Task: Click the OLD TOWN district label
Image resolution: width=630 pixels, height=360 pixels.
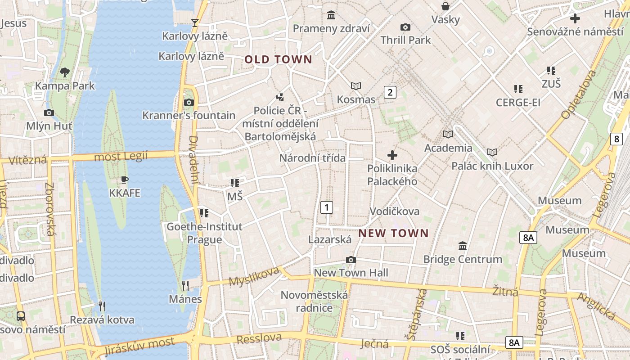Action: [x=278, y=59]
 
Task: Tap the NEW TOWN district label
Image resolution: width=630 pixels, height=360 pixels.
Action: [x=394, y=233]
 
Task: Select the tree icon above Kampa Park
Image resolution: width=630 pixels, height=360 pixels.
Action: [x=65, y=72]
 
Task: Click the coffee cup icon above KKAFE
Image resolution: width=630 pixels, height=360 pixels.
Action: [x=125, y=180]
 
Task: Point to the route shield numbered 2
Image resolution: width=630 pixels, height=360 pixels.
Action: [x=390, y=92]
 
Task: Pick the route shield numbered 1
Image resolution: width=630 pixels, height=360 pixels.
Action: [x=326, y=207]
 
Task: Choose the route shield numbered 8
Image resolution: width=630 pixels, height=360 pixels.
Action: [x=616, y=139]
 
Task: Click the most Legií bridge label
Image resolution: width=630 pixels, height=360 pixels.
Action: [x=121, y=157]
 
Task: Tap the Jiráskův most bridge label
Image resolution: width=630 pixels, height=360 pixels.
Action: [x=139, y=345]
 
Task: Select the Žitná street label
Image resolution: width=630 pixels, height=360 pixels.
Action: [x=505, y=291]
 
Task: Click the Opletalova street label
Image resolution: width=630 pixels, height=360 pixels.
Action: [x=578, y=95]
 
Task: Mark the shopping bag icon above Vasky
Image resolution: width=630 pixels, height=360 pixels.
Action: [x=445, y=6]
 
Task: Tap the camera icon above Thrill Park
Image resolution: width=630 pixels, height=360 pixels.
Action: [x=405, y=27]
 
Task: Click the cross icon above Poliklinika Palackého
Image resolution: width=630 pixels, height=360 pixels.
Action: [x=392, y=155]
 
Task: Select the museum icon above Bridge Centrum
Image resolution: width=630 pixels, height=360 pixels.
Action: [x=463, y=246]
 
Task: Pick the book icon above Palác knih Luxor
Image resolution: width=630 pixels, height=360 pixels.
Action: [x=492, y=153]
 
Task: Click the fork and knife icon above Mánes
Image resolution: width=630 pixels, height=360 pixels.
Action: [x=185, y=285]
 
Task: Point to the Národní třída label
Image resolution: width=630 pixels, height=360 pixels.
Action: [x=312, y=158]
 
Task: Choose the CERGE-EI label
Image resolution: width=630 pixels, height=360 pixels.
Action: [x=518, y=103]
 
